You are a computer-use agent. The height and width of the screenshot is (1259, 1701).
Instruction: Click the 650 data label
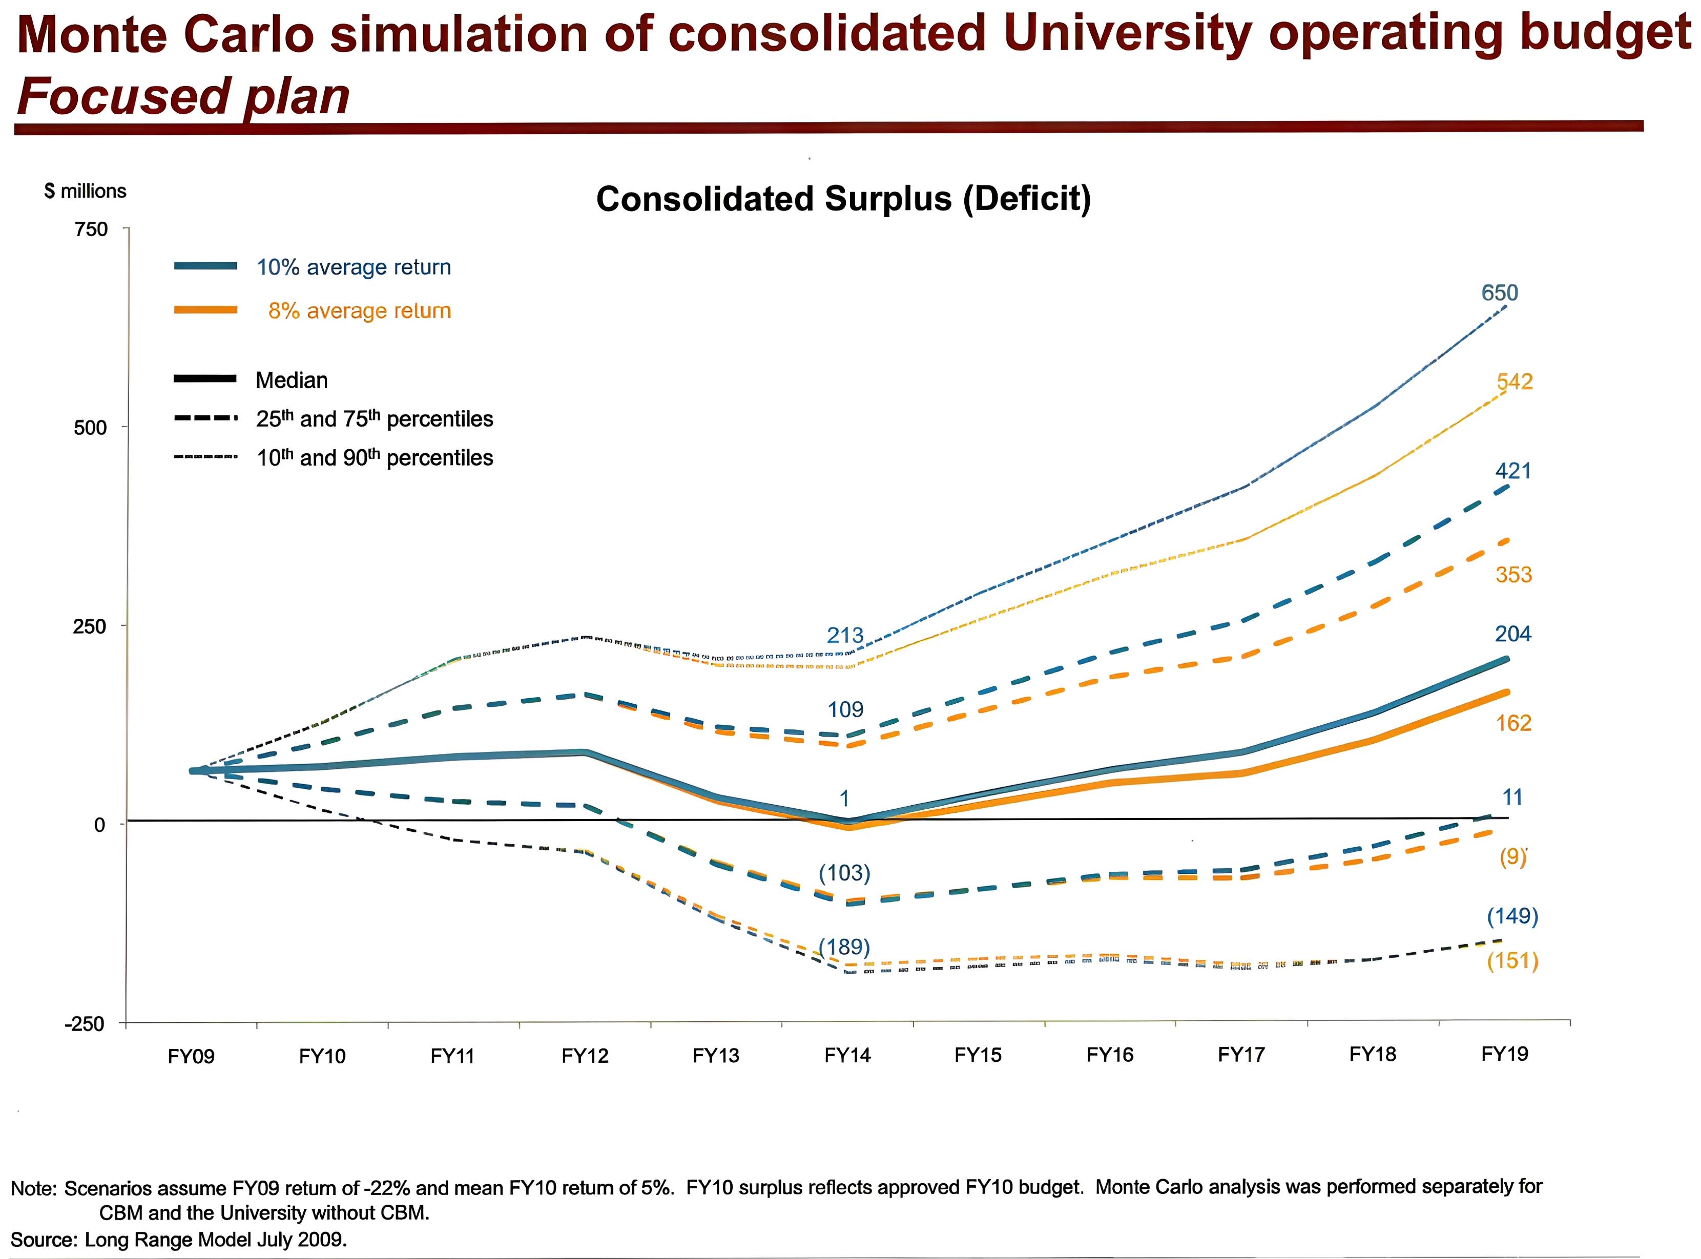1499,292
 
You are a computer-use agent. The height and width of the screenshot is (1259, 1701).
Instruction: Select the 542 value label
1515,381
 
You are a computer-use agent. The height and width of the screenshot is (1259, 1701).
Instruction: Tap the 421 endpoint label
1513,471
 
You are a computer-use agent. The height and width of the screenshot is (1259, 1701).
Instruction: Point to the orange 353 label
1513,575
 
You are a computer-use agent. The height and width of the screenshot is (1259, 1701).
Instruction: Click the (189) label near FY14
844,947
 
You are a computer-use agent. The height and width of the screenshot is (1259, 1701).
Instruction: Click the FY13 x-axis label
716,1056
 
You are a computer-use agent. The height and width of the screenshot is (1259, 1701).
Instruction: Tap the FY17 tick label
1241,1055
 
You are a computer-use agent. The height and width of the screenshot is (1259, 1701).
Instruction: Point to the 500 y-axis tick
90,428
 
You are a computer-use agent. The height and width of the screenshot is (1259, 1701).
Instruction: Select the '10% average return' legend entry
354,267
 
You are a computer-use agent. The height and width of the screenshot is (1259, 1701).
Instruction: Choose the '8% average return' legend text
359,311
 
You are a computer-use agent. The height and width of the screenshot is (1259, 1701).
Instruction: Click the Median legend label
291,380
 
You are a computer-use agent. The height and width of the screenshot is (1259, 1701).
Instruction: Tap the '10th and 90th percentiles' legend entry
374,458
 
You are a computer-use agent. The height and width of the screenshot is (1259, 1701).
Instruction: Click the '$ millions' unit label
86,191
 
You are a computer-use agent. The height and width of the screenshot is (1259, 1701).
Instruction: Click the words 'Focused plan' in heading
183,97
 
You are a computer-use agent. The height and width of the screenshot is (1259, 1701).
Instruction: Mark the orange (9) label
1513,857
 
